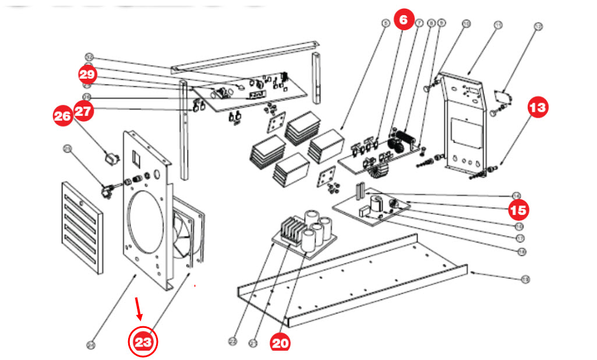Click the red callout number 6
[x=404, y=19]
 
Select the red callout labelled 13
[x=538, y=107]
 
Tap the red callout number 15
[x=518, y=209]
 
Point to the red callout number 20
[x=280, y=343]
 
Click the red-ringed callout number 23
[x=143, y=341]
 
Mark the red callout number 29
[x=87, y=75]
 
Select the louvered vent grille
[x=83, y=227]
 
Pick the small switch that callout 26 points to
[x=108, y=157]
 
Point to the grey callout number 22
[x=233, y=340]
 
